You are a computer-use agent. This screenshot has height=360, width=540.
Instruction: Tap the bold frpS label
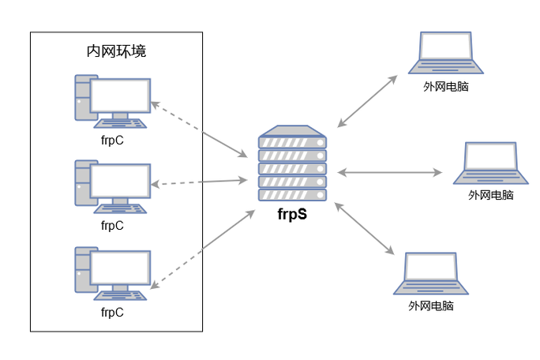click(x=292, y=215)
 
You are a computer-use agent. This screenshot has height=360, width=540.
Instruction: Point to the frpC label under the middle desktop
click(x=112, y=226)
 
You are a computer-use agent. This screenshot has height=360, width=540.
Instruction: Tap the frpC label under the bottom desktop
click(x=112, y=312)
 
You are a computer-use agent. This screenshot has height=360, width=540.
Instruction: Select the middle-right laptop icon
click(x=490, y=163)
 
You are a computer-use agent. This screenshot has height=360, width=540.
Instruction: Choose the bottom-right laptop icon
click(x=431, y=273)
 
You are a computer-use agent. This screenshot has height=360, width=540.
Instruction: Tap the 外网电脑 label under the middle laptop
click(x=490, y=195)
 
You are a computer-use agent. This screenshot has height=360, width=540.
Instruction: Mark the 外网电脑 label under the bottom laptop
click(x=431, y=306)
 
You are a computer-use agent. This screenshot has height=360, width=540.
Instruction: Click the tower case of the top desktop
click(x=82, y=98)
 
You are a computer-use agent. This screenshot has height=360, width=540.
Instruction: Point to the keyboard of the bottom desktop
click(x=120, y=296)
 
